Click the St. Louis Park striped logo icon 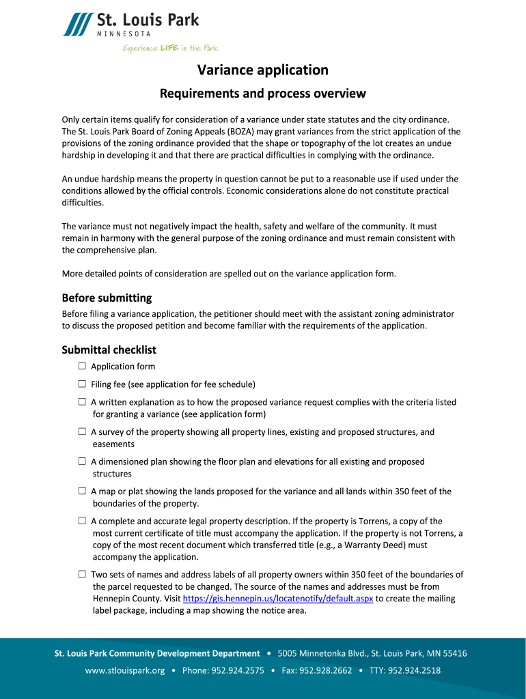(77, 25)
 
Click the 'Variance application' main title (263, 70)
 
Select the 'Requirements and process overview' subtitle (263, 94)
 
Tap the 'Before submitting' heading (107, 298)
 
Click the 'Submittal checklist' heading (109, 350)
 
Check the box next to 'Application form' (82, 367)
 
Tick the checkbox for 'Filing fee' (82, 384)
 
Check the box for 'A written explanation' (82, 402)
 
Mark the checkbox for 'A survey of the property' (82, 432)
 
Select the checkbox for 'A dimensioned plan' (82, 461)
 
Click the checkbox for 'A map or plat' (82, 491)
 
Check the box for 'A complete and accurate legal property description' (82, 521)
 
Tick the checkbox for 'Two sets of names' (82, 574)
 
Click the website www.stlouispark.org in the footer (125, 670)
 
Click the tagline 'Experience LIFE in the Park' (170, 48)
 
